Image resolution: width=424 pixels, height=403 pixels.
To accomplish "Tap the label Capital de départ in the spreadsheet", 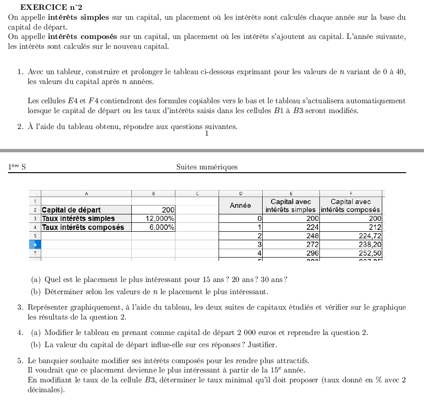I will [x=71, y=210].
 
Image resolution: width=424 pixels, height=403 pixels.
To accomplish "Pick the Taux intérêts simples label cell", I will [x=78, y=219].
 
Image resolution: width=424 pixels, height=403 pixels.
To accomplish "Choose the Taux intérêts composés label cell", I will [x=83, y=227].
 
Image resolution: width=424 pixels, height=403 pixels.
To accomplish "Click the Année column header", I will [x=240, y=205].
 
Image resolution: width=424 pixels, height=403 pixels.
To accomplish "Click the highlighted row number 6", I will [x=35, y=244].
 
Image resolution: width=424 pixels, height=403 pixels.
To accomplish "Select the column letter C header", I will [x=197, y=193].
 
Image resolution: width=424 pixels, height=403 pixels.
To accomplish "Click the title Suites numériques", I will [x=207, y=167].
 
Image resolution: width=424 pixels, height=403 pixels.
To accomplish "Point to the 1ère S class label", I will [x=17, y=167].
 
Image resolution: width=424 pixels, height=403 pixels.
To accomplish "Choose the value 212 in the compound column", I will [x=375, y=228].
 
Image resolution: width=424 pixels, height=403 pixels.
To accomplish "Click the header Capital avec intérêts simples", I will [x=291, y=205].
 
